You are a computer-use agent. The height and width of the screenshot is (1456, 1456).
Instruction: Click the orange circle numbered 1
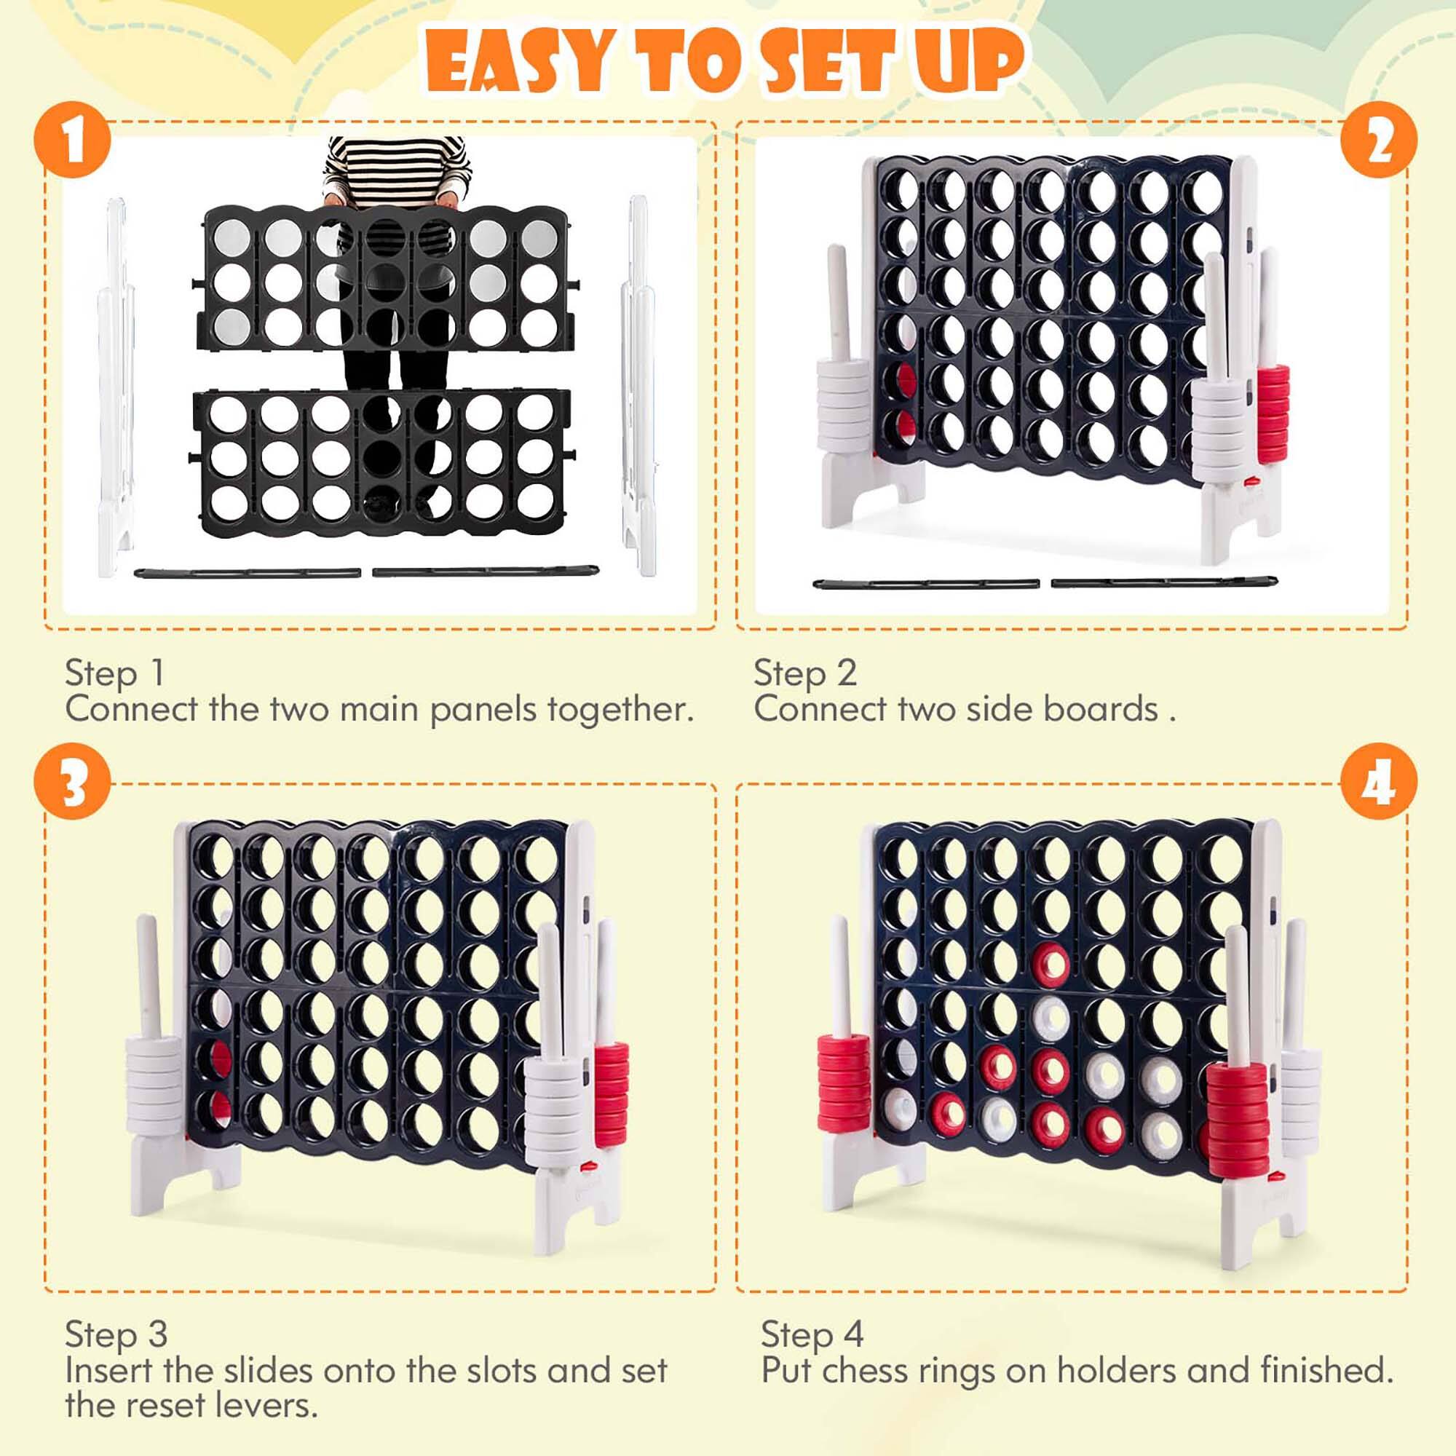coord(73,141)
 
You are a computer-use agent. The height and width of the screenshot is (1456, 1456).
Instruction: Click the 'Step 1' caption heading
coord(114,673)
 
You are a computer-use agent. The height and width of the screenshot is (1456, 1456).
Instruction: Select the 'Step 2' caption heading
coord(805,673)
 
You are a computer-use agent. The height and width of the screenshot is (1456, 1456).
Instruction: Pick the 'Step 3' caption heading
coord(115,1334)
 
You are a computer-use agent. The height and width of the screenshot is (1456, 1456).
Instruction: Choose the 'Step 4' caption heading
coord(812,1334)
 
